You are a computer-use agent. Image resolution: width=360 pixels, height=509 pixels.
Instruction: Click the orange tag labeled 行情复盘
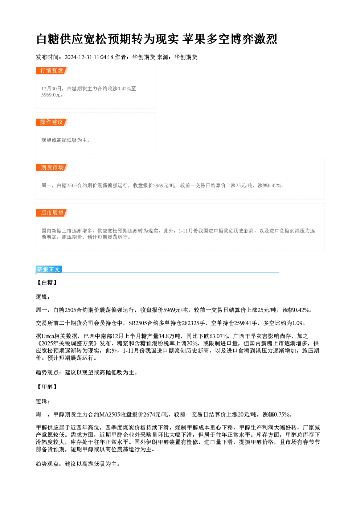(52, 71)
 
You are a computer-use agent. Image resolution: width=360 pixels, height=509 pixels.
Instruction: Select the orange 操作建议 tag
(52, 122)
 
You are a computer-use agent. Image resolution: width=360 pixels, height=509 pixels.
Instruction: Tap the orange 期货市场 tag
(52, 168)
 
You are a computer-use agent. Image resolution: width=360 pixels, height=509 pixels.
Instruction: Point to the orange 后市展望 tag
(52, 213)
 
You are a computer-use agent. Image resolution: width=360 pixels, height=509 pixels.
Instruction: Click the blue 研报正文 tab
(49, 270)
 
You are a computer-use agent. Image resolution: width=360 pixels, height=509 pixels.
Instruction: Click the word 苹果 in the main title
(194, 39)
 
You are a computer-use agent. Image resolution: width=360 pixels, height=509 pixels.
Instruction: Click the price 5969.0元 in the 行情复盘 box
(51, 95)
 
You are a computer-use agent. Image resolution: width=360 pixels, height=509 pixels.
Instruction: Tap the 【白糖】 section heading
(47, 283)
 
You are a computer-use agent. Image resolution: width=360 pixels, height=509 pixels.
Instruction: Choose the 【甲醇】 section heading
(47, 387)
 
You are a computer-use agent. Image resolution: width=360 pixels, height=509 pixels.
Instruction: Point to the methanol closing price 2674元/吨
(156, 415)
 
